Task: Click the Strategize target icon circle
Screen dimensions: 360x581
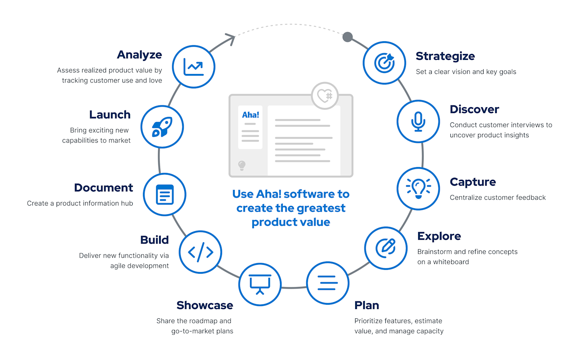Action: pyautogui.click(x=384, y=62)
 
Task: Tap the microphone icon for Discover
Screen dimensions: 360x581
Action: pyautogui.click(x=418, y=122)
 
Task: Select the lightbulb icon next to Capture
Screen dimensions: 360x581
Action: pyautogui.click(x=418, y=188)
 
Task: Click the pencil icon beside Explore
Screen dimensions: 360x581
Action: pyautogui.click(x=386, y=248)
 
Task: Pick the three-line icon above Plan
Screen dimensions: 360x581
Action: pyautogui.click(x=328, y=283)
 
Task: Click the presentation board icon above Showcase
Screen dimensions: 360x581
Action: pyautogui.click(x=260, y=284)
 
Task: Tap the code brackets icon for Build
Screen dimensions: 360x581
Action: pyautogui.click(x=200, y=252)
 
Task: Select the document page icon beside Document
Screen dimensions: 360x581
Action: pyautogui.click(x=165, y=194)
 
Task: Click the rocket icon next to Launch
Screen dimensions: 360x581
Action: pyautogui.click(x=162, y=127)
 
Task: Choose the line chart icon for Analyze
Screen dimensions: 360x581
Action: pyautogui.click(x=194, y=67)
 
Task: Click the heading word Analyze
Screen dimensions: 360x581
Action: pyautogui.click(x=140, y=55)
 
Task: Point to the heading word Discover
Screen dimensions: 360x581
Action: pyautogui.click(x=474, y=109)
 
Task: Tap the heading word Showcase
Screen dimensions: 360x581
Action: pyautogui.click(x=205, y=305)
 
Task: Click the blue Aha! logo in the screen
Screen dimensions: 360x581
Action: pyautogui.click(x=251, y=115)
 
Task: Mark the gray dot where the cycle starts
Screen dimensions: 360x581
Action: pyautogui.click(x=347, y=37)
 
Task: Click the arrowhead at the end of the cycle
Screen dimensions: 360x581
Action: pyautogui.click(x=231, y=39)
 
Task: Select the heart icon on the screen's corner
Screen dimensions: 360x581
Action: pyautogui.click(x=325, y=95)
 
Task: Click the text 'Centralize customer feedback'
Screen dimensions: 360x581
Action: pyautogui.click(x=498, y=197)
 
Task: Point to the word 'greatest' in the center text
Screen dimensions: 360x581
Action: pyautogui.click(x=321, y=208)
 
